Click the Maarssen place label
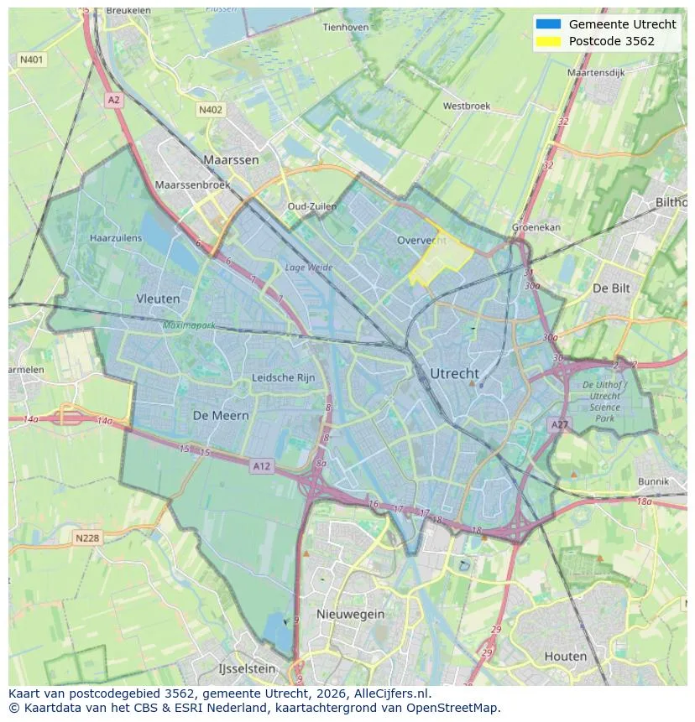[x=231, y=159]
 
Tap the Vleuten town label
[x=158, y=299]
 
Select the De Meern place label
[x=221, y=415]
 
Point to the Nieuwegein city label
[x=350, y=614]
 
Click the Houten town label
[x=566, y=656]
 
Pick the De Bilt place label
[x=611, y=288]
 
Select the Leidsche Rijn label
[x=284, y=377]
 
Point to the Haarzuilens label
[x=116, y=238]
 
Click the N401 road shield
[x=32, y=60]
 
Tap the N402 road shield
[x=211, y=110]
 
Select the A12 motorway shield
[x=262, y=466]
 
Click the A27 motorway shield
[x=559, y=425]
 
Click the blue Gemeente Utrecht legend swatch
[x=548, y=24]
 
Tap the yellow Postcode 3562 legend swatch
[x=548, y=41]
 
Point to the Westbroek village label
[x=467, y=106]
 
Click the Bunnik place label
[x=653, y=481]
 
